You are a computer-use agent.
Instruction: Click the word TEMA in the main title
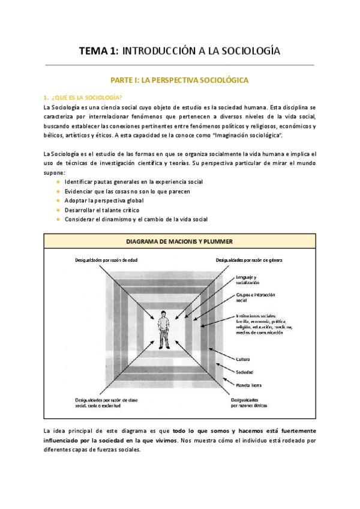coord(94,52)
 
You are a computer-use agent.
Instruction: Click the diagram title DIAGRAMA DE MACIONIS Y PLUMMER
coord(179,241)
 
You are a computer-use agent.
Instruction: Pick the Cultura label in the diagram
coord(244,358)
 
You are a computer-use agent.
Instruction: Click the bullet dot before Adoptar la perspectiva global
coord(58,200)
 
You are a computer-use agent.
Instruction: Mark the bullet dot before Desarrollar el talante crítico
coord(58,210)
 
